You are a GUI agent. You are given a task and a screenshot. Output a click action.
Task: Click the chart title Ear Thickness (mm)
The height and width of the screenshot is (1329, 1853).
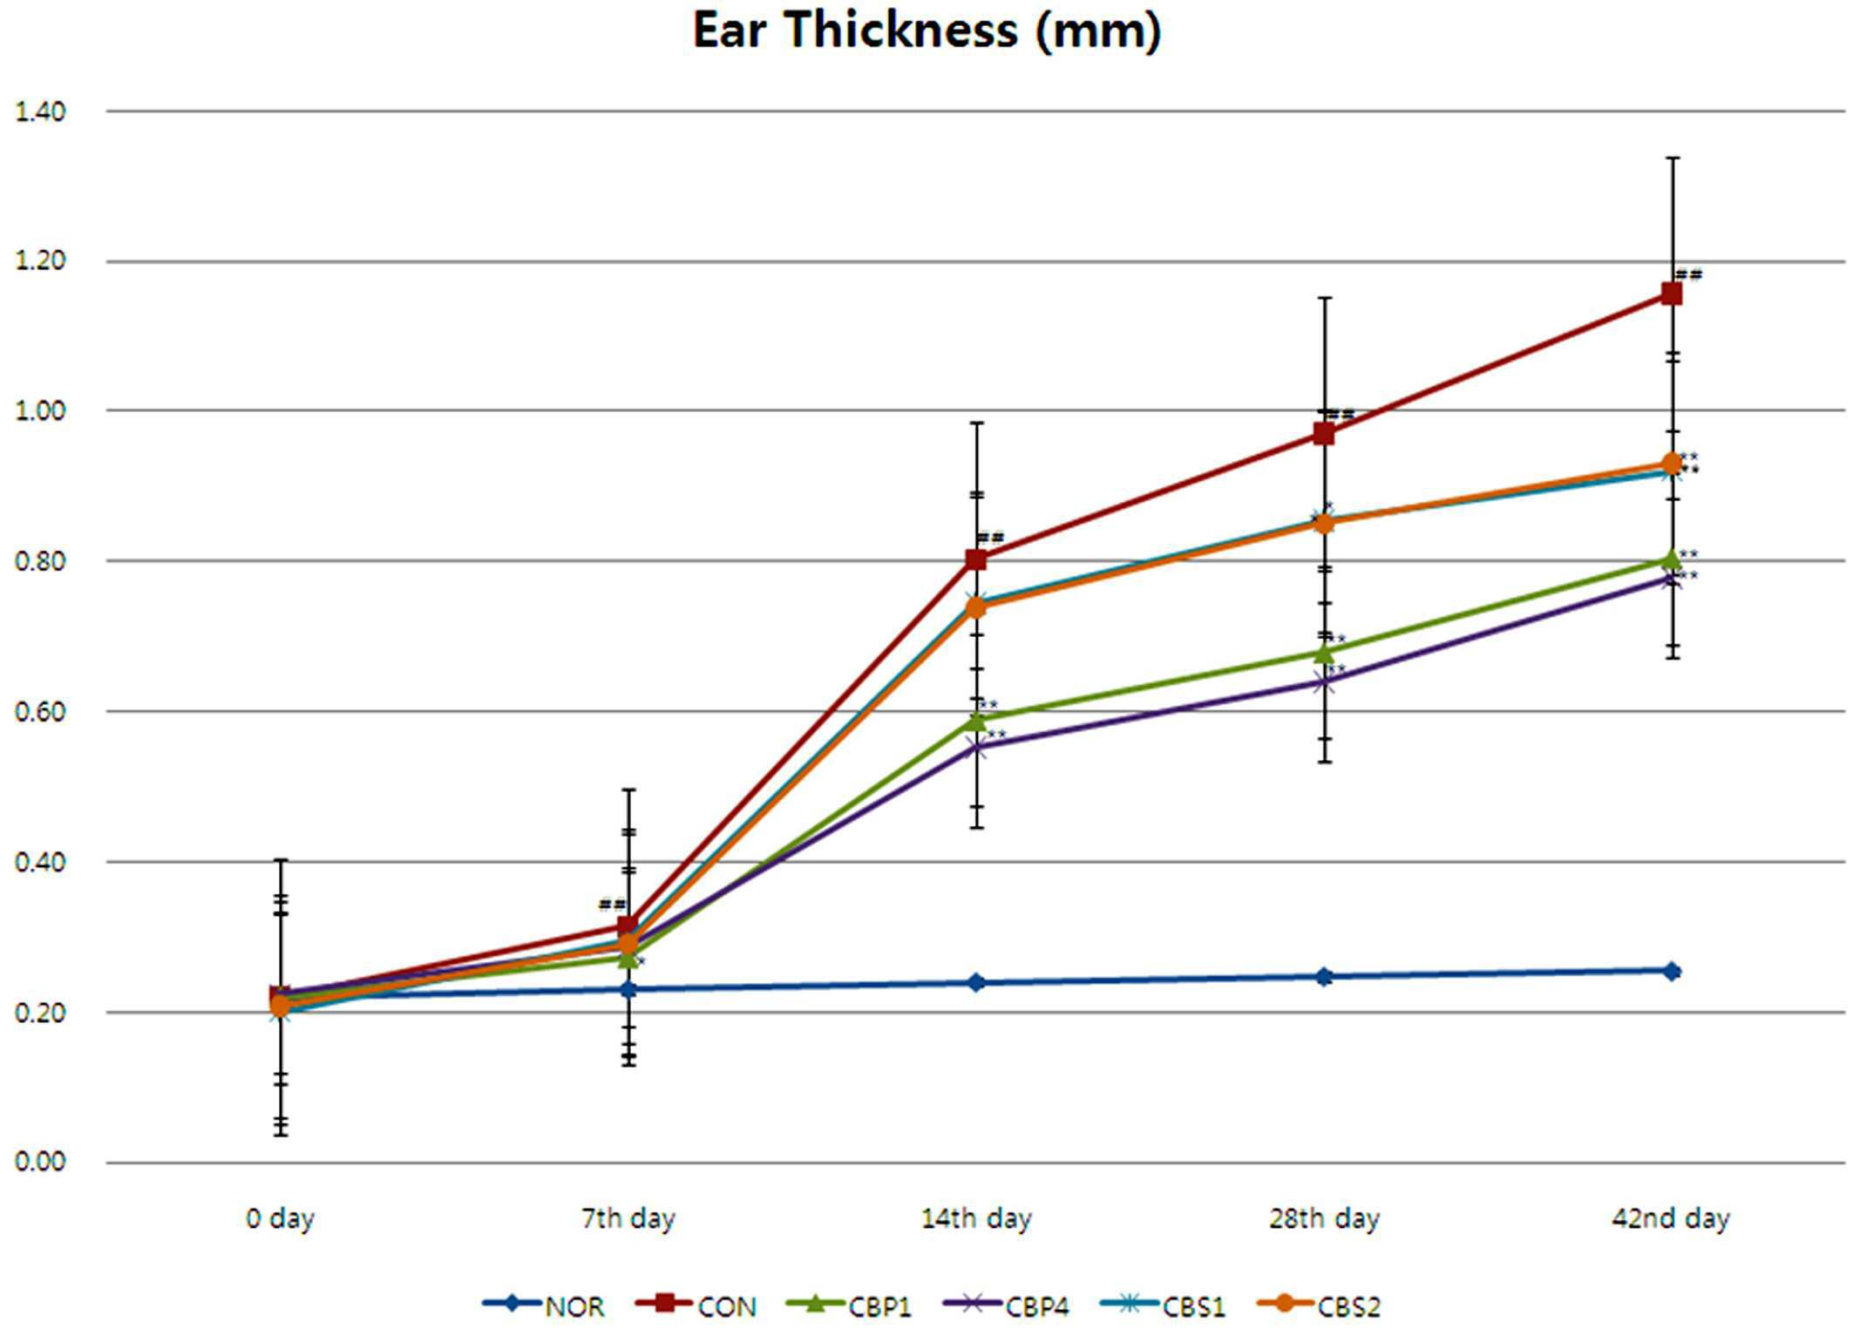(x=926, y=31)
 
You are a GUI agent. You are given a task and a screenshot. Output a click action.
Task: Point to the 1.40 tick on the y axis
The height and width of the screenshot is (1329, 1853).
(x=40, y=112)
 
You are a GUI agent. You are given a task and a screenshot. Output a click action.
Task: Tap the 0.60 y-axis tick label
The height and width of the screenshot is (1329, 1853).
(x=40, y=711)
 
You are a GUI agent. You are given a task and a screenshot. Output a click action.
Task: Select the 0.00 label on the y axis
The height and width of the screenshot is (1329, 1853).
(x=40, y=1162)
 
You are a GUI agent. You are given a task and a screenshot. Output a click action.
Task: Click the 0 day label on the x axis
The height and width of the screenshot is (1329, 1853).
(x=280, y=1218)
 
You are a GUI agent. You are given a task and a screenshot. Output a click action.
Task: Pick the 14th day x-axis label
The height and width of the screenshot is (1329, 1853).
(x=976, y=1218)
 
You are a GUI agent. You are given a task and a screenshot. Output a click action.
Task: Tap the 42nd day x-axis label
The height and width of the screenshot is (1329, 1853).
(x=1671, y=1218)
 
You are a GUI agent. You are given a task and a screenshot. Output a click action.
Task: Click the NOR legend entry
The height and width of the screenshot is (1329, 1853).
(x=543, y=1305)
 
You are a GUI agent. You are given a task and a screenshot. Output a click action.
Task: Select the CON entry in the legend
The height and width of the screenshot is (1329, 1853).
(x=696, y=1305)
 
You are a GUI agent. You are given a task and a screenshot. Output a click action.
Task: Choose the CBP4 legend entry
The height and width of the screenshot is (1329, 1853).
(x=1006, y=1305)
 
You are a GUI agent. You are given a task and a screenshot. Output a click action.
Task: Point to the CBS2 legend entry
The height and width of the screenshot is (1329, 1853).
(x=1319, y=1305)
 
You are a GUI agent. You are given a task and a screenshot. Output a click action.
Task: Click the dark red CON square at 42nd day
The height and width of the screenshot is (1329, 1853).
(x=1671, y=294)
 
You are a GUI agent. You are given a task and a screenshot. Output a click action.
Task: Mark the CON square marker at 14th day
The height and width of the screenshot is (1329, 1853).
(x=976, y=559)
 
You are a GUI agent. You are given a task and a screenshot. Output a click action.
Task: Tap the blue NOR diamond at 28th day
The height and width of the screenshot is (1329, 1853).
(x=1324, y=976)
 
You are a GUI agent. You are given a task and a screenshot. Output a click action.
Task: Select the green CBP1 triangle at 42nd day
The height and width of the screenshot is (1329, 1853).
(x=1671, y=559)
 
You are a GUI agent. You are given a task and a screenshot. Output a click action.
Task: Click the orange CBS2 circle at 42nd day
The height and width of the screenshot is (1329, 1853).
(x=1671, y=464)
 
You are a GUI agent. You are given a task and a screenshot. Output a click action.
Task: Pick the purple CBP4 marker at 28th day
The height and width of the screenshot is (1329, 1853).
(x=1324, y=681)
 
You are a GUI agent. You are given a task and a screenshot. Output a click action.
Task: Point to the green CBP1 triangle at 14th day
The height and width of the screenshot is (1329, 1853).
(x=976, y=720)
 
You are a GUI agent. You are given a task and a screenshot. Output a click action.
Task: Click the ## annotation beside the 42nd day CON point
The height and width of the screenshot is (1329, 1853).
(x=1689, y=275)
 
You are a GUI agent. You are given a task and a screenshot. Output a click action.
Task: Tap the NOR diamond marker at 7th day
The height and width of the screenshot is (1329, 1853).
(x=628, y=989)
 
